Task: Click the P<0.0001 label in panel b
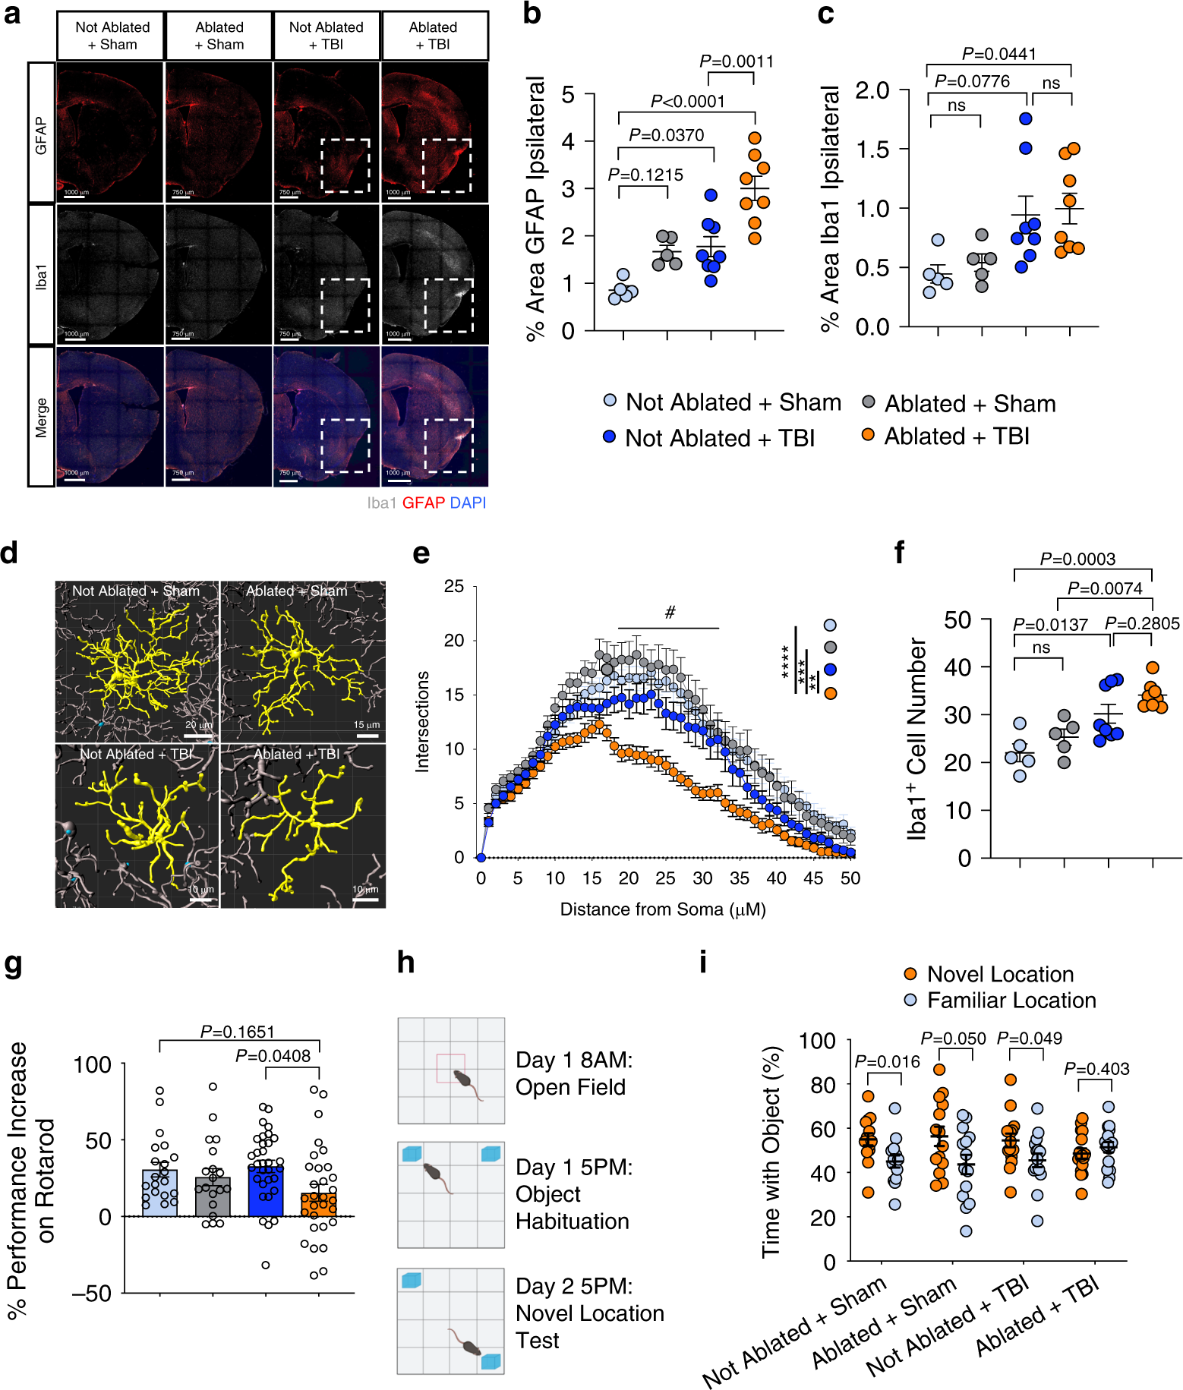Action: (687, 101)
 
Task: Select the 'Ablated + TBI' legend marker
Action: (868, 435)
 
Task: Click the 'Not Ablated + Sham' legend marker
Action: (610, 400)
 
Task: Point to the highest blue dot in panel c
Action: (1026, 118)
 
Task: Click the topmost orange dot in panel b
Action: (754, 138)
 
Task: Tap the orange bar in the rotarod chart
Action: (319, 1205)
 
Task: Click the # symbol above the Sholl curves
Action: (670, 613)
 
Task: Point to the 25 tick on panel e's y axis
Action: (454, 586)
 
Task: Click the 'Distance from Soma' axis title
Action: (662, 909)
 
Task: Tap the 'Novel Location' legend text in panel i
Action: (1000, 974)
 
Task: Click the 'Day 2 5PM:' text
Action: (573, 1286)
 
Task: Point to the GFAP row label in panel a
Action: (41, 135)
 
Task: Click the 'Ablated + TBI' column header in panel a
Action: (433, 36)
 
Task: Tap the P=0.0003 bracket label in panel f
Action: (1077, 559)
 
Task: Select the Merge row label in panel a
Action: (41, 417)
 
